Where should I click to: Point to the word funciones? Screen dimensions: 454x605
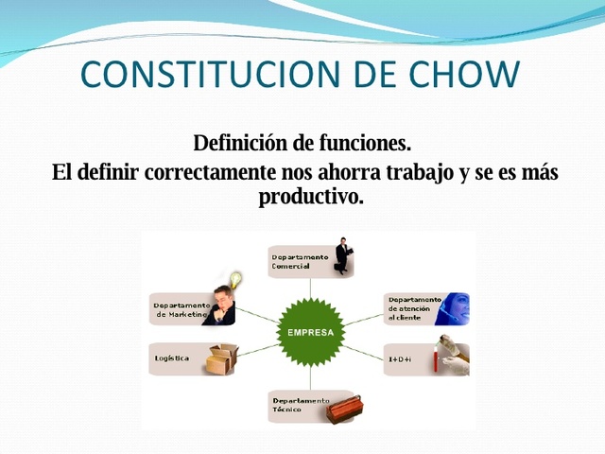click(363, 144)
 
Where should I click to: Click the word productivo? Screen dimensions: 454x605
click(310, 199)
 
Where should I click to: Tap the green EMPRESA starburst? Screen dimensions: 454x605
click(302, 333)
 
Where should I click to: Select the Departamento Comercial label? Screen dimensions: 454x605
click(300, 261)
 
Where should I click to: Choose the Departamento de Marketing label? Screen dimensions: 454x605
click(181, 309)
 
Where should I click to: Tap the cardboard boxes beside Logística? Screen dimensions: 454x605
click(221, 359)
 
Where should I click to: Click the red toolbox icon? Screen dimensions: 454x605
click(341, 410)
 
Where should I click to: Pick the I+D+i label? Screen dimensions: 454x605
click(400, 359)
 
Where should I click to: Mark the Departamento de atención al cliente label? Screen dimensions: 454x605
click(413, 308)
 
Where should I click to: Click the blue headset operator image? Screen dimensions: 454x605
click(453, 308)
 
